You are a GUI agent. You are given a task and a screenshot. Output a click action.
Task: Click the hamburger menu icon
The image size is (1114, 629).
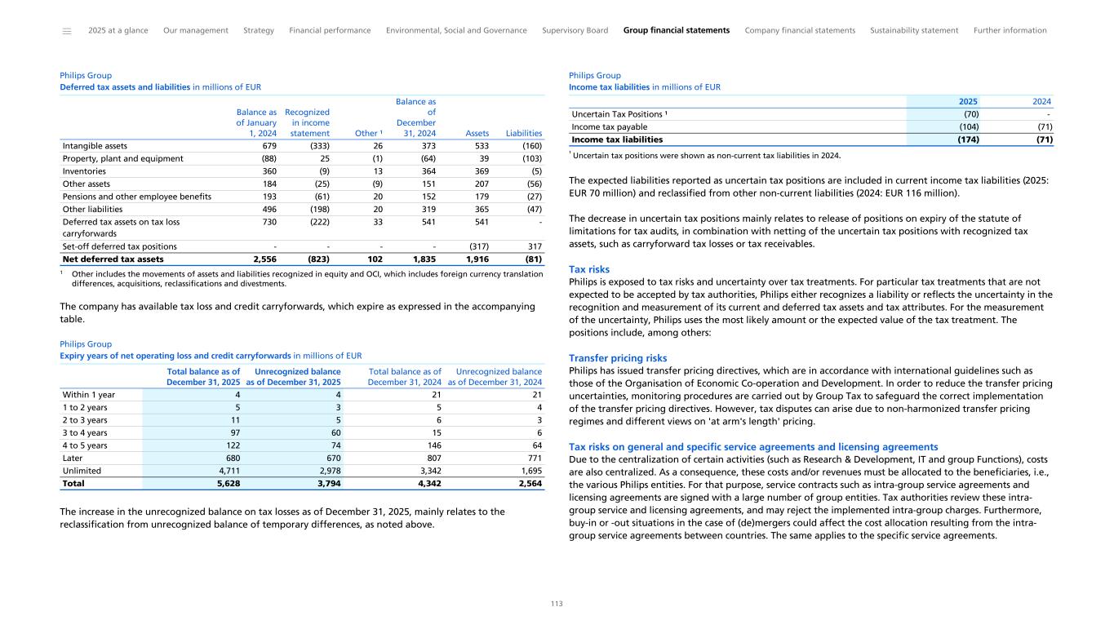pyautogui.click(x=67, y=31)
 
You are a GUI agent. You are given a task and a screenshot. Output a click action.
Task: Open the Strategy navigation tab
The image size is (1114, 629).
pyautogui.click(x=259, y=30)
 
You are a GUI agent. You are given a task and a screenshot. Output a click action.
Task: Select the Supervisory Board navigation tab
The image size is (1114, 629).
pyautogui.click(x=575, y=30)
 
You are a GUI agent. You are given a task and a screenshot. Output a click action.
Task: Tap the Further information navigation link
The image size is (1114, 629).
pyautogui.click(x=1010, y=30)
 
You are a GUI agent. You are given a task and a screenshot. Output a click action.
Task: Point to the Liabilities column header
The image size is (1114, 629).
pyautogui.click(x=524, y=133)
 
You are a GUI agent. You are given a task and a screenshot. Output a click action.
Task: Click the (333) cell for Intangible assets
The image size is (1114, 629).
pyautogui.click(x=317, y=146)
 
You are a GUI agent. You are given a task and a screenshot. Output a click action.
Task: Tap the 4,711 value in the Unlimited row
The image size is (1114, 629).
pyautogui.click(x=228, y=471)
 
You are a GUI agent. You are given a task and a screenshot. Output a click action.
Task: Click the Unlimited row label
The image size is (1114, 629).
pyautogui.click(x=82, y=471)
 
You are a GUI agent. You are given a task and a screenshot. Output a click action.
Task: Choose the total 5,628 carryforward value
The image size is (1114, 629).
pyautogui.click(x=228, y=483)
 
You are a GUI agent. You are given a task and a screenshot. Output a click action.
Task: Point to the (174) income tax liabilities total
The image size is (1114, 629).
pyautogui.click(x=967, y=140)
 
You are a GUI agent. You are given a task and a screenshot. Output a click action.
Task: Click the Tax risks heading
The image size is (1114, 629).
pyautogui.click(x=588, y=269)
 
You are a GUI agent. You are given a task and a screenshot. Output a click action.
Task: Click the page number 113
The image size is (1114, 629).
pyautogui.click(x=557, y=604)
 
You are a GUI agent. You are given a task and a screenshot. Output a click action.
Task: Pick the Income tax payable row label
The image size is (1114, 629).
pyautogui.click(x=610, y=126)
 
